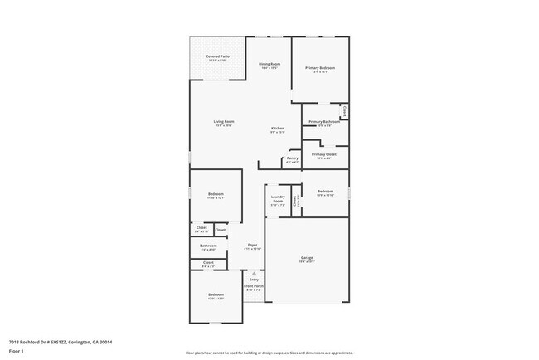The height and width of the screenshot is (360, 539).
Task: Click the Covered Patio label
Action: coord(218,57)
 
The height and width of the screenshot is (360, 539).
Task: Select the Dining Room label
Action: coord(269,64)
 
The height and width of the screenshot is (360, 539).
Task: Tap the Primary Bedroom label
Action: coord(320,68)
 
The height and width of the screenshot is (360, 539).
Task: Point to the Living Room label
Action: coord(224,122)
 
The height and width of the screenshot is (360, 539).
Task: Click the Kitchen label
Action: coord(278,129)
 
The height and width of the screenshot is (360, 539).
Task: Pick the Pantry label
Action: coord(292,158)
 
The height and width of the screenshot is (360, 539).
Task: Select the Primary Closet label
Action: coord(323,154)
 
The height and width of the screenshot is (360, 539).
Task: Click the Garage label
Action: coord(307,259)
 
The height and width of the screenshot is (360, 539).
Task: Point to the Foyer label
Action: coord(252,246)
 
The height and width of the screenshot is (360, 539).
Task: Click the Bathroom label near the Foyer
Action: coord(208,246)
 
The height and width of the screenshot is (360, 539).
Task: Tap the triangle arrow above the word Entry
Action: coord(254,273)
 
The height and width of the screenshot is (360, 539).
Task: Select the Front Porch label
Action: coord(253,286)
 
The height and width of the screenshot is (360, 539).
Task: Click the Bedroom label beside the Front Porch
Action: coord(216,295)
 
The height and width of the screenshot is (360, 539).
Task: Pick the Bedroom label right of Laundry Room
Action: coord(325,192)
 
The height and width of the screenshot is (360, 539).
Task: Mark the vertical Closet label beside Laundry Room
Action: coord(296,200)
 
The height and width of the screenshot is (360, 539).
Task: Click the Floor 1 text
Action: coord(16,351)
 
